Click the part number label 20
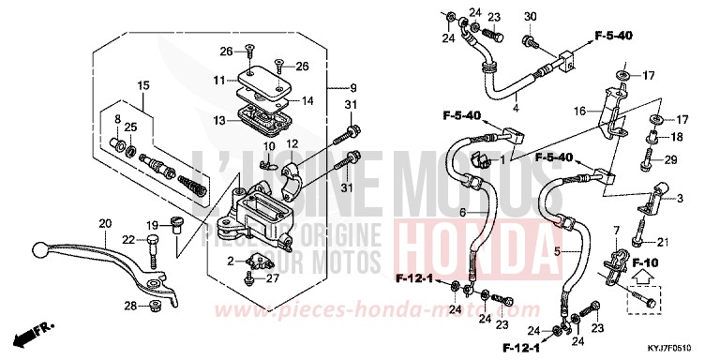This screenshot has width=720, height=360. tap(104, 224)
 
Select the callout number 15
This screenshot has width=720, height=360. tap(144, 86)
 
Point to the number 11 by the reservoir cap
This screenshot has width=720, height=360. tap(217, 81)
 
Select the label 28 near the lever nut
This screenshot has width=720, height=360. tap(130, 306)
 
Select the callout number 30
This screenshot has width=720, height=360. tap(530, 18)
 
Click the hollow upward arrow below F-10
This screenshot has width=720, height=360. tap(642, 277)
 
